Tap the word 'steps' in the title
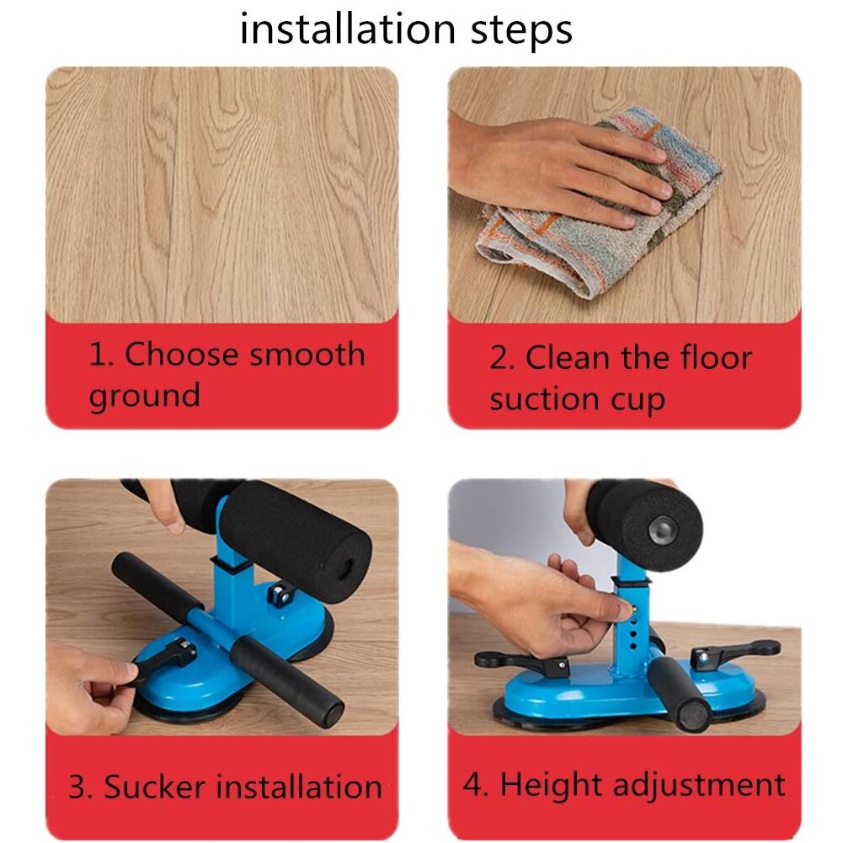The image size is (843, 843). [521, 31]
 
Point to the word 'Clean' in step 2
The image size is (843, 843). [568, 358]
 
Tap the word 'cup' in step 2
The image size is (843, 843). [638, 401]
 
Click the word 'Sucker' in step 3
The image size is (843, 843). [154, 787]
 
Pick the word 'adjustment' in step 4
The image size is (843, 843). [699, 786]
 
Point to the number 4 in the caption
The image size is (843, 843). [472, 784]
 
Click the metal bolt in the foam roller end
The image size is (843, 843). [661, 530]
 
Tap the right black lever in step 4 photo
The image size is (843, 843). [734, 651]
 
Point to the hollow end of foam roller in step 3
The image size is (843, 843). [346, 568]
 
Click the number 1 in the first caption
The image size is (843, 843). [99, 355]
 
